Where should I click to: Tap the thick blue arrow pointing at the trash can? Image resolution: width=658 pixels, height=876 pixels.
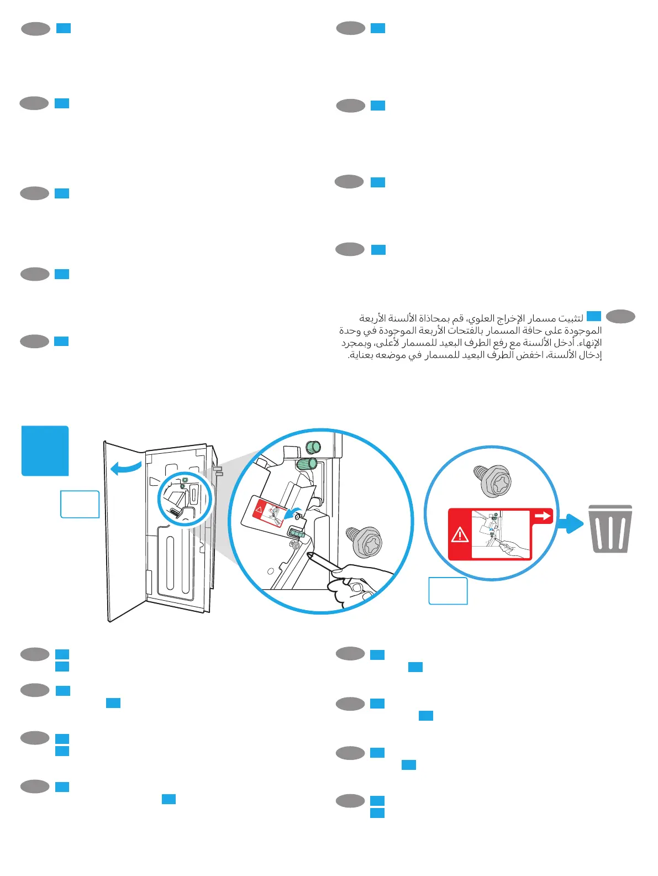pyautogui.click(x=570, y=523)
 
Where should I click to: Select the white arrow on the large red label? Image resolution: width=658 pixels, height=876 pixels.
pyautogui.click(x=543, y=516)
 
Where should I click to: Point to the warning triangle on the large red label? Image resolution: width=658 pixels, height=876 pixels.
pyautogui.click(x=460, y=535)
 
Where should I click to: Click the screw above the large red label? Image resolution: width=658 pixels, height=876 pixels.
pyautogui.click(x=492, y=480)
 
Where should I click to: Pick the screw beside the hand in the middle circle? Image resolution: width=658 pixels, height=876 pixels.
pyautogui.click(x=365, y=542)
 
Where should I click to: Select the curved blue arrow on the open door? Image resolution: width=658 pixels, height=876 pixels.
pyautogui.click(x=126, y=469)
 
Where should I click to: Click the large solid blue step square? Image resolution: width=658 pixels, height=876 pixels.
pyautogui.click(x=45, y=450)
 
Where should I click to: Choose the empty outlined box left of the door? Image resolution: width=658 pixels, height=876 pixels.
pyautogui.click(x=80, y=504)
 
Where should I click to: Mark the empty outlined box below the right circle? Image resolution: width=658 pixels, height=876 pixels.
pyautogui.click(x=448, y=591)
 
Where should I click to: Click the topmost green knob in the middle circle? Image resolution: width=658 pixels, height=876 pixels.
pyautogui.click(x=314, y=446)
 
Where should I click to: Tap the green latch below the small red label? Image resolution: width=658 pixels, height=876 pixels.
pyautogui.click(x=296, y=533)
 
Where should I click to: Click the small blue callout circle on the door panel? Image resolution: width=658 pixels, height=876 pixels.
pyautogui.click(x=185, y=499)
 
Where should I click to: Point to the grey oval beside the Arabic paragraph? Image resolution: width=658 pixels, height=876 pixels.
pyautogui.click(x=620, y=317)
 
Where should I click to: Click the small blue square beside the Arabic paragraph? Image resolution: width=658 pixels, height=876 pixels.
pyautogui.click(x=593, y=316)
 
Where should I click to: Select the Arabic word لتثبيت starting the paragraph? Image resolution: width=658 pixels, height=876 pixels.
pyautogui.click(x=570, y=318)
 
